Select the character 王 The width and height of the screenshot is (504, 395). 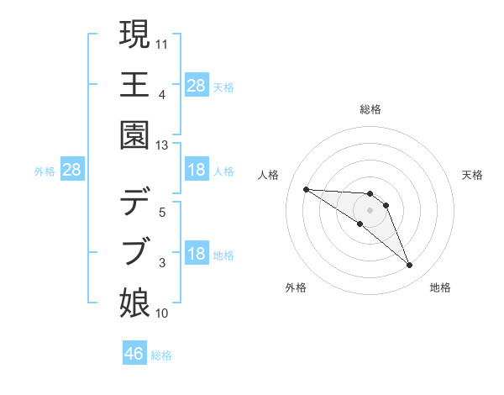tap(135, 84)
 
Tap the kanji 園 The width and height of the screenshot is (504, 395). tap(135, 135)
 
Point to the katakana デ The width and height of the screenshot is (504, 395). tap(135, 202)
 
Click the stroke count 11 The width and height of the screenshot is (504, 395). tap(163, 42)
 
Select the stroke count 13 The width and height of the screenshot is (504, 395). tap(163, 145)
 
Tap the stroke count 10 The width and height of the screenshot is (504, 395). tap(163, 313)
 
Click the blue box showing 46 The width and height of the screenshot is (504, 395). tap(134, 354)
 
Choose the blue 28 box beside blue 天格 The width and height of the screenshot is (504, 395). tap(197, 85)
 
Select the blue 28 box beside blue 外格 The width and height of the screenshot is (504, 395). tap(72, 170)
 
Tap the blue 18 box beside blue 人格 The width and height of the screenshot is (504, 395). tap(197, 170)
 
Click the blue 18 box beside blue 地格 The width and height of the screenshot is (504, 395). tap(197, 254)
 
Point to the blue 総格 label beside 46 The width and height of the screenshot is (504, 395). tap(161, 355)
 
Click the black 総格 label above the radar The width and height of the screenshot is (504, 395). tap(370, 109)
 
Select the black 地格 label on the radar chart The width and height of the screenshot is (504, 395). tap(440, 287)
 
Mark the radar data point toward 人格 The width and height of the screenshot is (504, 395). tap(306, 189)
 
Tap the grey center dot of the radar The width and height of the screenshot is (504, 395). tap(370, 209)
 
